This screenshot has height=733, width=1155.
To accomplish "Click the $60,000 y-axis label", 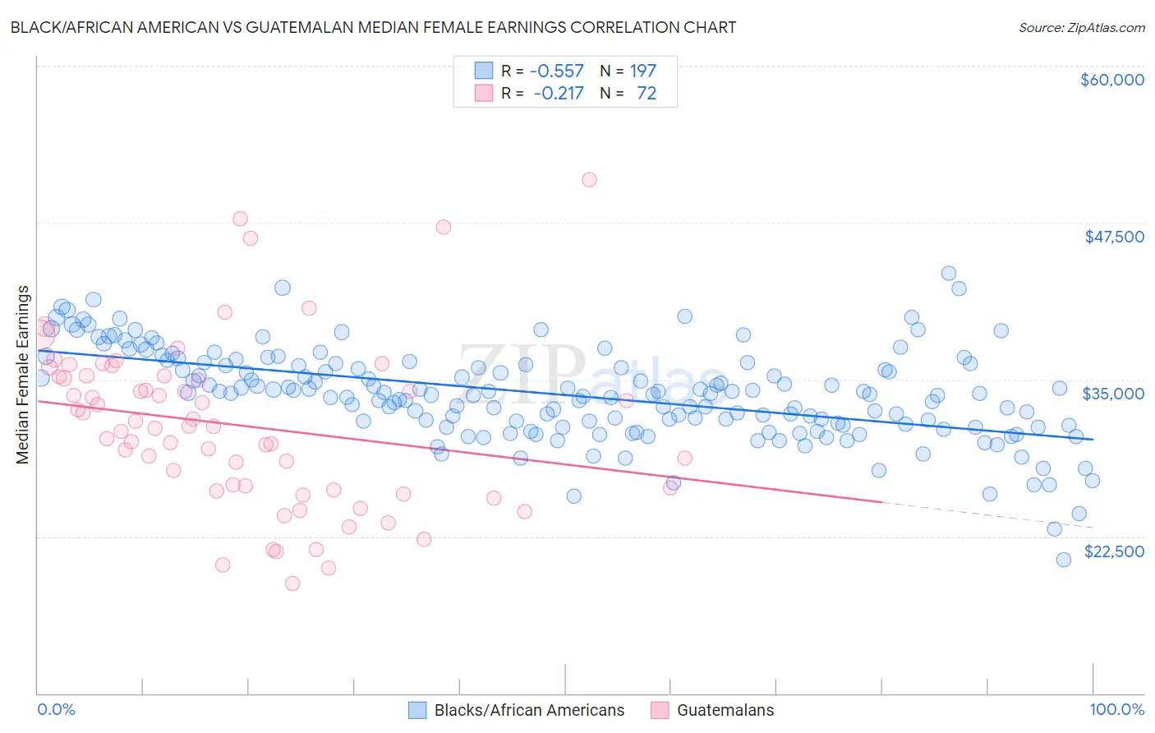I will pos(1111,80).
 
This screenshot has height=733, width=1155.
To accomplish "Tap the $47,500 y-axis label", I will pos(1114,237).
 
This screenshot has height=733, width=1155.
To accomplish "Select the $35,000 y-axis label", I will pos(1113,394).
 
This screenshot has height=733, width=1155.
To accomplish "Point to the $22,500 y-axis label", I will pos(1114,551).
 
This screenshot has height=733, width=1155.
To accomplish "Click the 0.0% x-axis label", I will pos(56,709).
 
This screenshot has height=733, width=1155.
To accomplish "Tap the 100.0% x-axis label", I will pos(1116,709).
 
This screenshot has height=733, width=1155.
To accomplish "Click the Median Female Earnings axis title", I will pos(23,375).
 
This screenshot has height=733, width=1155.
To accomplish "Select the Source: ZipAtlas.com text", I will pos(1081,28).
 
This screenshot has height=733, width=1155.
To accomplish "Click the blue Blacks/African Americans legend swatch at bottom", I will pos(417,710).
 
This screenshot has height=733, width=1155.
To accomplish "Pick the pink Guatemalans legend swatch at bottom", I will pos(660,710).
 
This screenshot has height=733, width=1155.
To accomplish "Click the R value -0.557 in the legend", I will pos(556,71).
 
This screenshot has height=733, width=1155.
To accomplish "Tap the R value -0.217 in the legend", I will pos(558,94).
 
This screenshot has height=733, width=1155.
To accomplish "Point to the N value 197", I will pos(642,71).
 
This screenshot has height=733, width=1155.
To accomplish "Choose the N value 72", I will pos(647,94).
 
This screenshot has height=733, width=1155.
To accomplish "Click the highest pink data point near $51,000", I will pos(589,180).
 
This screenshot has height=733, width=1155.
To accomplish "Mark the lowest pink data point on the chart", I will pos(292,583).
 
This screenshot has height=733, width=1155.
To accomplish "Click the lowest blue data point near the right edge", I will pos(1063,560).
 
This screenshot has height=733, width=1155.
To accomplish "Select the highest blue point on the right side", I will pos(948,274).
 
